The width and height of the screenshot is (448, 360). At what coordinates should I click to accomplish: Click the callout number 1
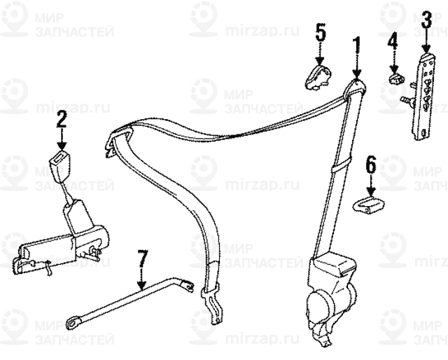pos(356,48)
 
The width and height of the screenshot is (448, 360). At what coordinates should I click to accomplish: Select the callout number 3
pos(426,20)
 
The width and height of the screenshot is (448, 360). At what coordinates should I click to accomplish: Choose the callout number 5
pos(320,32)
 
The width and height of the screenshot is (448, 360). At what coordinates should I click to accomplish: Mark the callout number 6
pos(371,165)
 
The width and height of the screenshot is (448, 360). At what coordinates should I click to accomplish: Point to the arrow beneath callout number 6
pos(371,186)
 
